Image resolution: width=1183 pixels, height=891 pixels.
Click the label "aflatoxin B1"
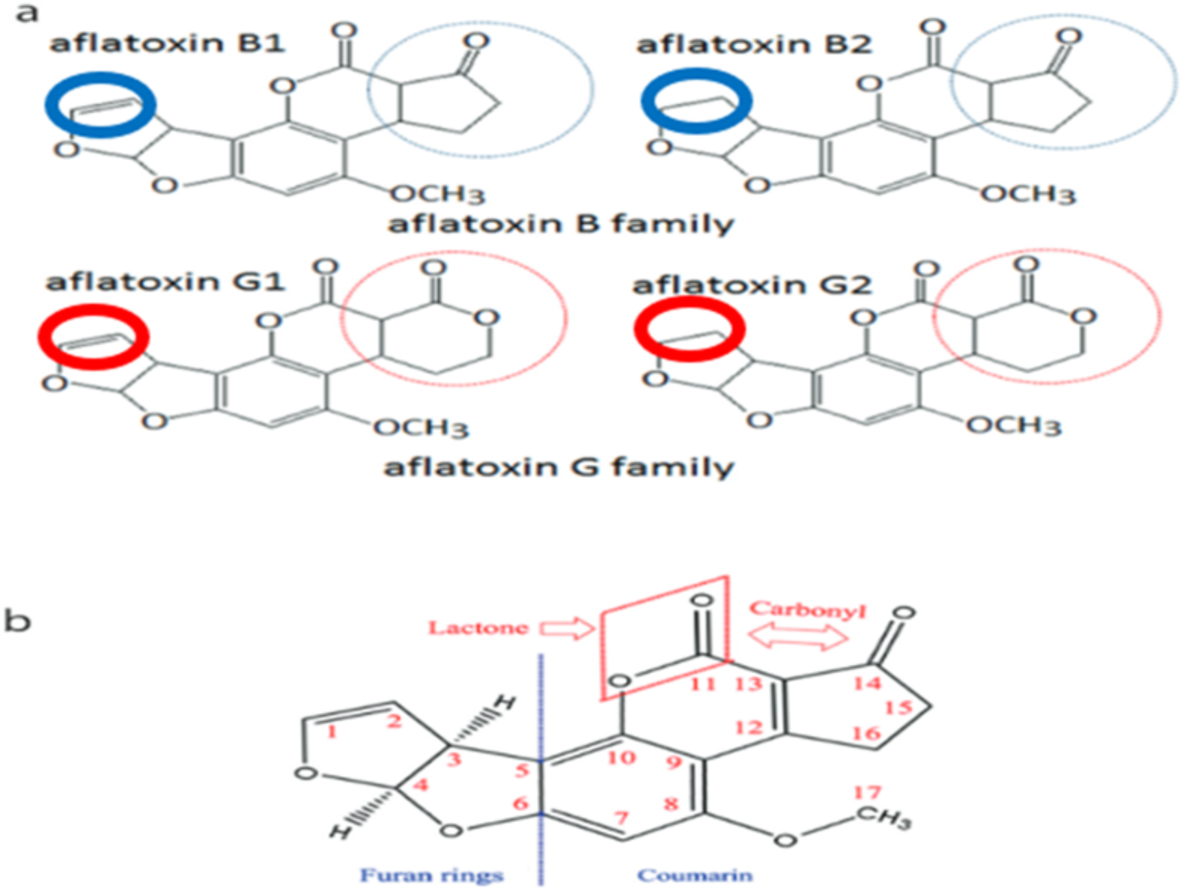(167, 43)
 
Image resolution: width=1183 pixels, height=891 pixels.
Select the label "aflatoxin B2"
(754, 44)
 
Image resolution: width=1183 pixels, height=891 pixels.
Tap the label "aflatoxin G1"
(166, 281)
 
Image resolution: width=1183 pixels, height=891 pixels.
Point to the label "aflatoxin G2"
(751, 285)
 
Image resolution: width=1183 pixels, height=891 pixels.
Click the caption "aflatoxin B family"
(560, 224)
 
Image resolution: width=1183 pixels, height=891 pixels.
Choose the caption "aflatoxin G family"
(559, 467)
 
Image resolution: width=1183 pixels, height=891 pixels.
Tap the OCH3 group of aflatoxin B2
(1027, 194)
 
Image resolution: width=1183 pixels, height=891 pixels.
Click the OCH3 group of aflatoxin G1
(421, 428)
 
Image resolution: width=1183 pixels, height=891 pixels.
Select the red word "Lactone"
(478, 628)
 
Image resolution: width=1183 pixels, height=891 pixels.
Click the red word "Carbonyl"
(807, 610)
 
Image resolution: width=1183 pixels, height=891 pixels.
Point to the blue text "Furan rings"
(432, 875)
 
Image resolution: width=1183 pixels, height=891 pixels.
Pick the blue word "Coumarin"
(695, 875)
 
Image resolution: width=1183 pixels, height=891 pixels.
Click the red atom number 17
(867, 793)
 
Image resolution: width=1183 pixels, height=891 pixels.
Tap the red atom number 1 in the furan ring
(332, 731)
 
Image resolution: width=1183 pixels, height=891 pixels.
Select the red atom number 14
(867, 683)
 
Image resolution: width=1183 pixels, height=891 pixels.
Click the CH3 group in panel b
(884, 817)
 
